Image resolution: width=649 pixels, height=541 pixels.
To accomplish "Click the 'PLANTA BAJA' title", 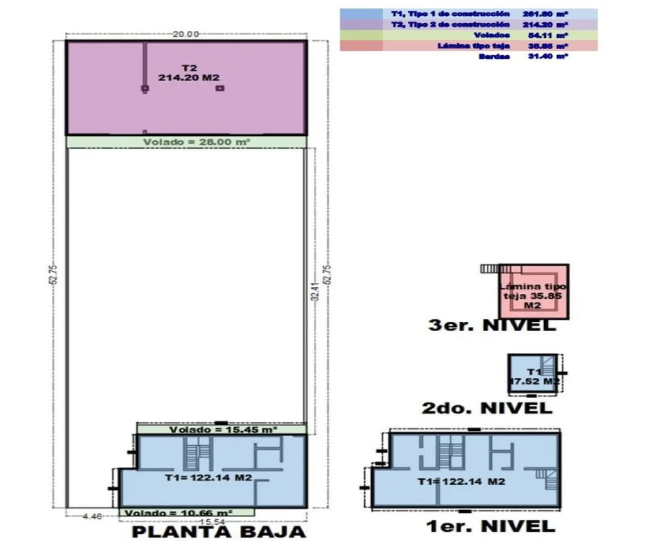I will click(x=219, y=531).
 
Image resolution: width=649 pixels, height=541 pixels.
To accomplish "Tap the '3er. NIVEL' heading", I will click(x=491, y=326).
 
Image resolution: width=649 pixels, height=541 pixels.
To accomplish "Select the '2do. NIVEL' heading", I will click(x=487, y=408).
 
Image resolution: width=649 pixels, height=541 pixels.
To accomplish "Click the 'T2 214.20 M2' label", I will click(x=189, y=73).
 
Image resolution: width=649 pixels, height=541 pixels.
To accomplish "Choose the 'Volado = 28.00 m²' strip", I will click(x=187, y=142).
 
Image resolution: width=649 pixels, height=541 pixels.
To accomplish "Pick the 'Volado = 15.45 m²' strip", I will click(x=222, y=430).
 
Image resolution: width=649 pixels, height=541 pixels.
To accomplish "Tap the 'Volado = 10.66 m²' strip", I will click(x=187, y=512).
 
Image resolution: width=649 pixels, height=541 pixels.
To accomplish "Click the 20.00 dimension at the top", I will click(x=186, y=34).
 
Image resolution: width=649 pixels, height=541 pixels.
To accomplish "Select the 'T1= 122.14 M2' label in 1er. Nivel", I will click(x=462, y=481).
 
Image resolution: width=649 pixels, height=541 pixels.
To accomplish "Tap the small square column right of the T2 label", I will click(x=220, y=88).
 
